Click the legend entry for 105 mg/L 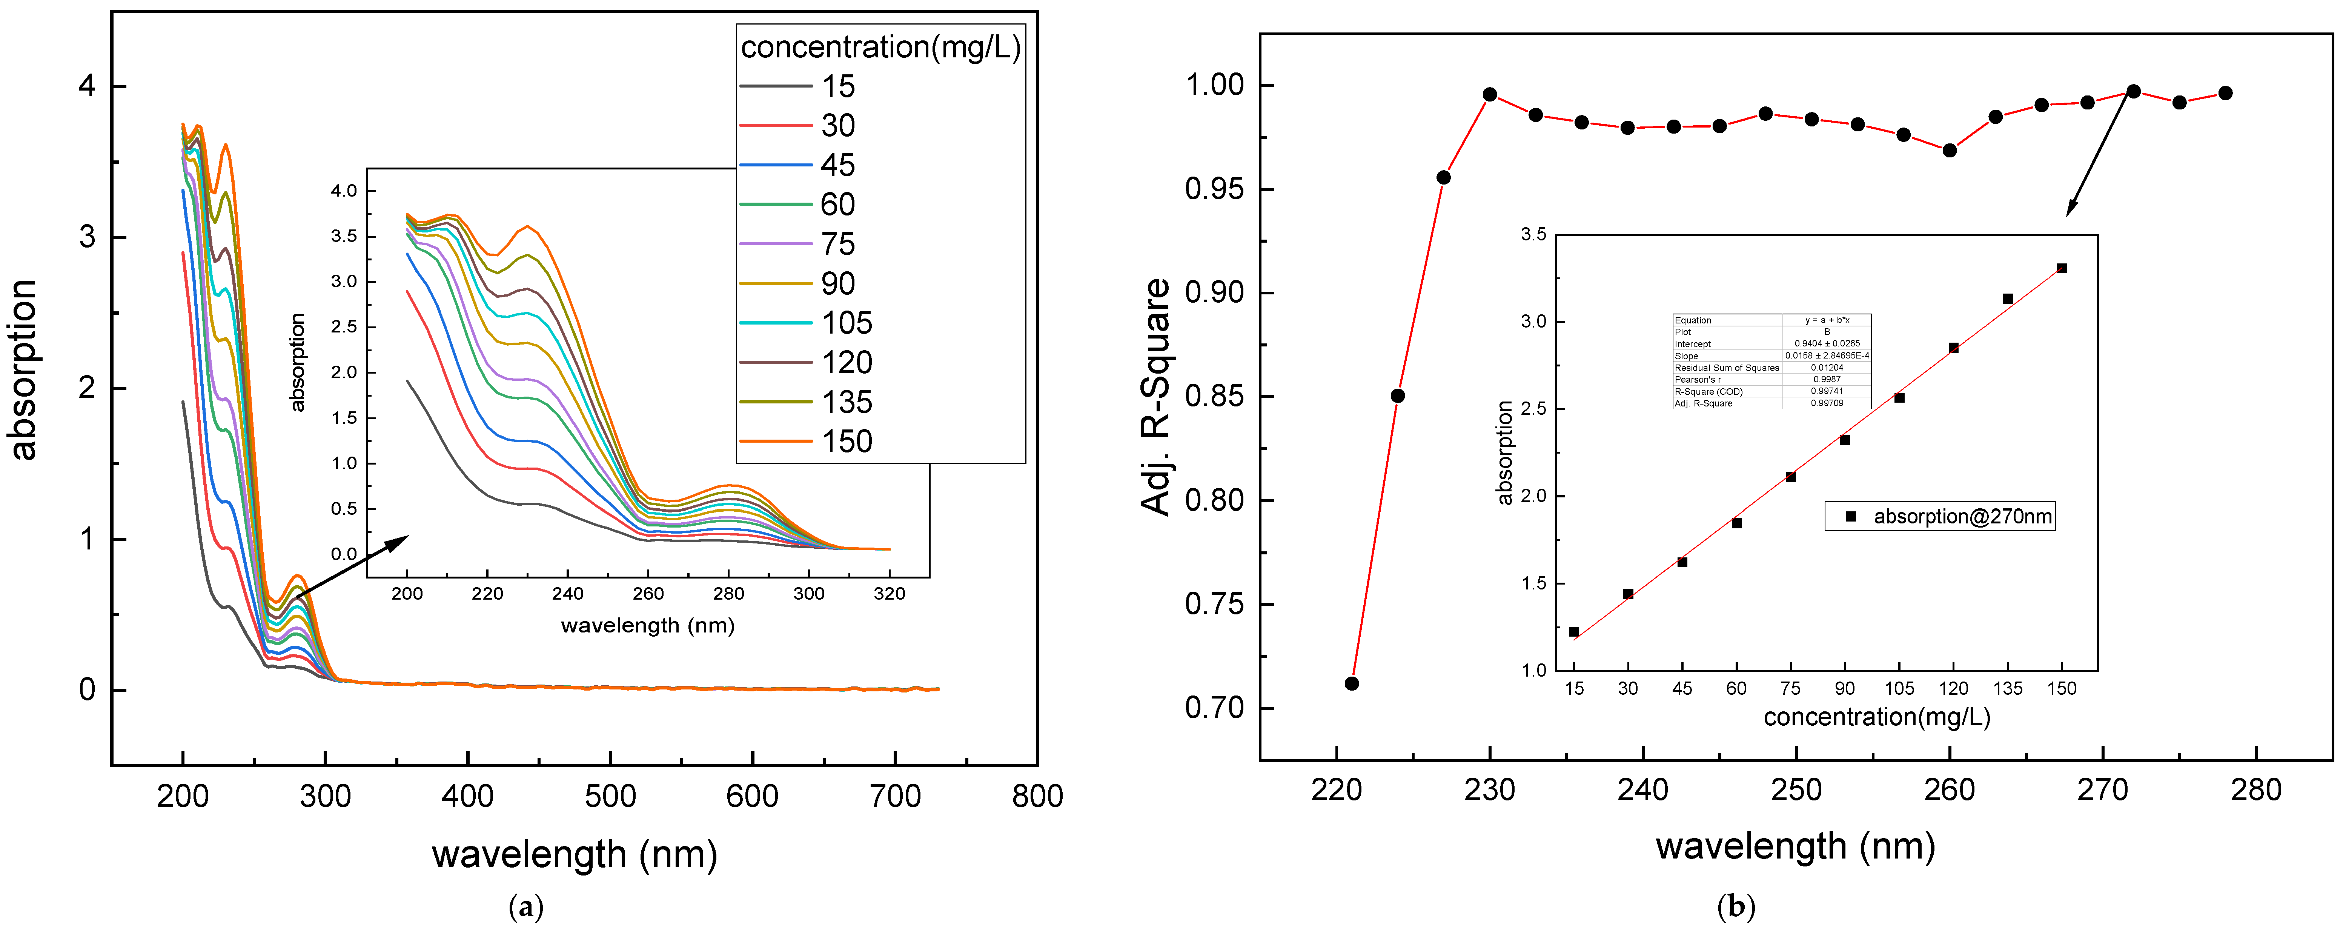click(x=846, y=323)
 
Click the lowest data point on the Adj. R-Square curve click(x=1352, y=683)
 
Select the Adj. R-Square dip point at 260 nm click(x=1949, y=150)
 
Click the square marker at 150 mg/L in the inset click(x=2061, y=268)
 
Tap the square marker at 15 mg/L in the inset click(x=1573, y=631)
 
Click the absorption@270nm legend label click(x=1962, y=517)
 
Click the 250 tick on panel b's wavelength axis click(x=1796, y=789)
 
